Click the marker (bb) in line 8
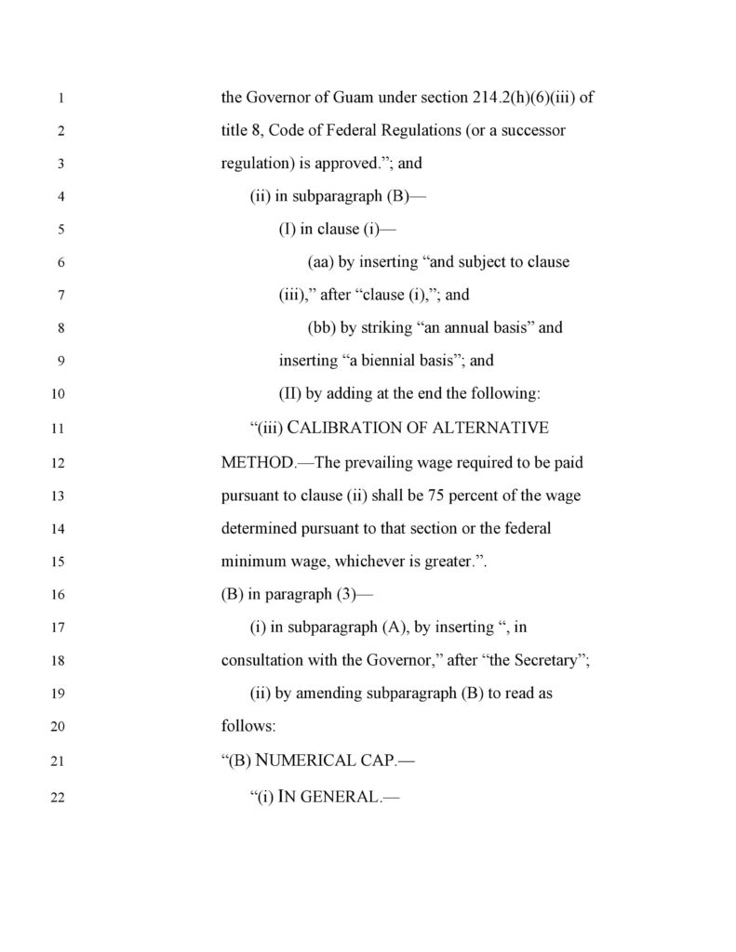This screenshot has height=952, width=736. pos(322,328)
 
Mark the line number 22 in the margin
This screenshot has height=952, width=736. pos(60,798)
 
